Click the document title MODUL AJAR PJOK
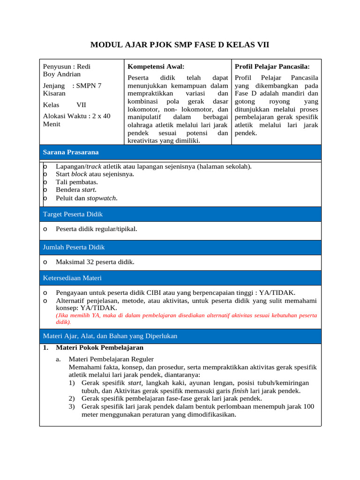tap(180, 45)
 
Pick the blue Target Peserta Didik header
tap(73, 214)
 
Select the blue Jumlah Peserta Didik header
tap(74, 247)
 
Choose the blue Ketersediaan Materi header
tap(72, 278)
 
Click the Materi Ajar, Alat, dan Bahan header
tap(110, 336)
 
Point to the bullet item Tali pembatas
tap(77, 182)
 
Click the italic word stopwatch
tap(102, 198)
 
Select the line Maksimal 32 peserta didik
tap(95, 262)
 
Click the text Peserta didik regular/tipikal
tap(97, 229)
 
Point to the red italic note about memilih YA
tap(186, 319)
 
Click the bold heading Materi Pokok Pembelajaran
tap(99, 348)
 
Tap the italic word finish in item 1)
tap(240, 390)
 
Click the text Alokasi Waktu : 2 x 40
tap(77, 116)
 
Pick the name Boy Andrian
tap(62, 74)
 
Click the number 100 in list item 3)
tap(308, 406)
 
